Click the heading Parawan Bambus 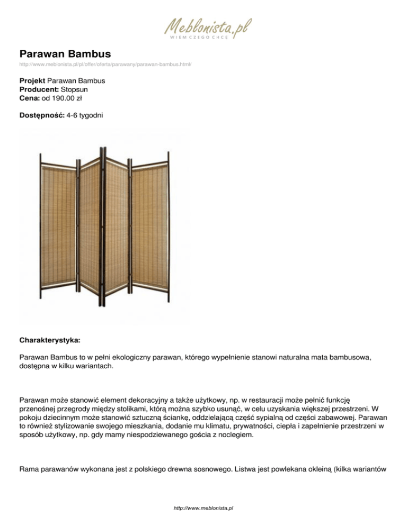coord(65,53)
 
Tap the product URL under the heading coord(105,65)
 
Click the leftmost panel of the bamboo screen coord(58,228)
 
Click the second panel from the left coord(89,228)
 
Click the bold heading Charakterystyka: coord(51,335)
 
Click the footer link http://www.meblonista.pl coord(203,508)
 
